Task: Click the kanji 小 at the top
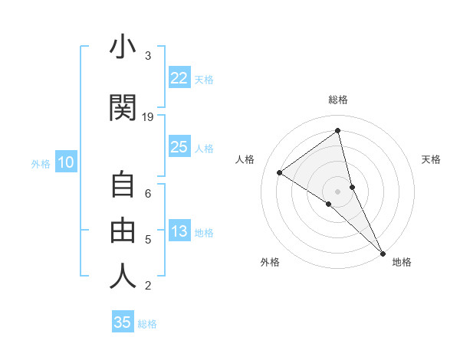tap(123, 47)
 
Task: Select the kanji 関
tap(123, 107)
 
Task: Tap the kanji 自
tap(123, 185)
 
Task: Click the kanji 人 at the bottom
tap(123, 276)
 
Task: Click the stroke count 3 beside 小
tap(148, 56)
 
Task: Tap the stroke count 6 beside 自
tap(148, 193)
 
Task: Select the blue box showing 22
tap(179, 77)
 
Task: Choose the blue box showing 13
tap(179, 231)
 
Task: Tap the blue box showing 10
tap(66, 162)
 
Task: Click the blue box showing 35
tap(123, 322)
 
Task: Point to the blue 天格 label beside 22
tap(204, 79)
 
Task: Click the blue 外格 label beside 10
tap(41, 163)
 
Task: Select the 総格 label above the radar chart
tap(338, 100)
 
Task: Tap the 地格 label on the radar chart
tap(402, 262)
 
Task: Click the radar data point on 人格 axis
tap(280, 173)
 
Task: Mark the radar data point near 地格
tap(382, 252)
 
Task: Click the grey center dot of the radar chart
tap(338, 191)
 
